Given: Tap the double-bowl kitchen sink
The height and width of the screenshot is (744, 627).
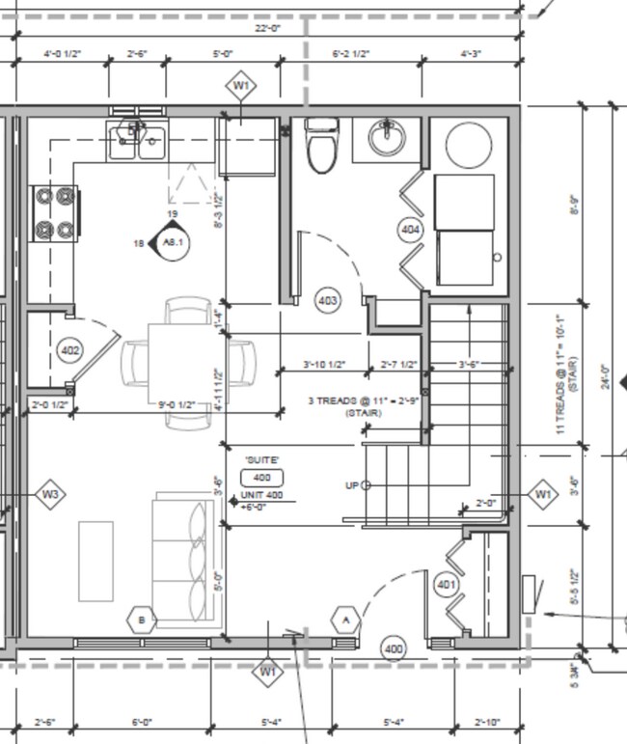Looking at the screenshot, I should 137,142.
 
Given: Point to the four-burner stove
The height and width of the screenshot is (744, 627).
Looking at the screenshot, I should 56,213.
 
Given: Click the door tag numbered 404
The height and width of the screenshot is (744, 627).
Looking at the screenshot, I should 411,230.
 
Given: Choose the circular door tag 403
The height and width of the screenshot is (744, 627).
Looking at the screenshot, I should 328,301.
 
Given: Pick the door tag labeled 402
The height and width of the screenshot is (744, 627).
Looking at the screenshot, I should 69,349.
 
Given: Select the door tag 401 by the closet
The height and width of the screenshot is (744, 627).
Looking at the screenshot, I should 446,585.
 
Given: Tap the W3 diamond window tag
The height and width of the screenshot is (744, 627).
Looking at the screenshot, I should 51,495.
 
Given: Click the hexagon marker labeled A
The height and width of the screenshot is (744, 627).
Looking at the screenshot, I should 345,619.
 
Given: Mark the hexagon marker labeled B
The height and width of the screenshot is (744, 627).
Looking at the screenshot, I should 142,619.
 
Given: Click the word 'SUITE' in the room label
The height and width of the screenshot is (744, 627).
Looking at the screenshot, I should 261,460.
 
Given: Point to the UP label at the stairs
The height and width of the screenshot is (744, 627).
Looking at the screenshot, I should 352,485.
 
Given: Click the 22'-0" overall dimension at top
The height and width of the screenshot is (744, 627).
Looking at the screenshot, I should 267,29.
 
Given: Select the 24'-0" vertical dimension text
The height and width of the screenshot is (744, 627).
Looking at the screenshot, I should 604,372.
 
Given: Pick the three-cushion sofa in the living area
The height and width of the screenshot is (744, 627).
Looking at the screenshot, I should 183,560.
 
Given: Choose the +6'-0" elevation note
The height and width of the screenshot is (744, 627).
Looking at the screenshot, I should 254,507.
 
